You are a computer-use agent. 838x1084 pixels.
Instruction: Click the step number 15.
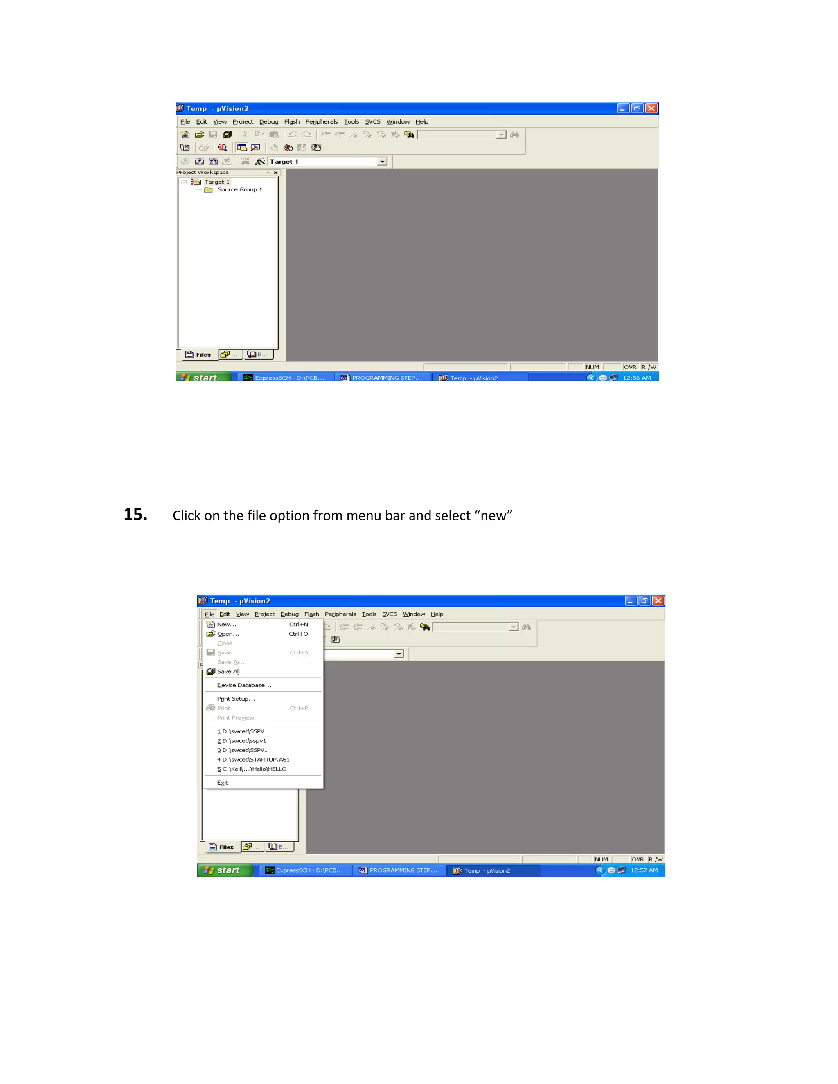click(135, 515)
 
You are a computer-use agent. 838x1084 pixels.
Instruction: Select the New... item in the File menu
click(226, 624)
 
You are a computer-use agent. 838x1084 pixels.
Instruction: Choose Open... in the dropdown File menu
click(228, 634)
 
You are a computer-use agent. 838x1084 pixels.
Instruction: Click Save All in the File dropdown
click(228, 672)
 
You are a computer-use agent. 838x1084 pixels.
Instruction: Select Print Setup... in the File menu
click(236, 699)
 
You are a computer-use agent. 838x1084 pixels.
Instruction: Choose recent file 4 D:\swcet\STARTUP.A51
click(253, 759)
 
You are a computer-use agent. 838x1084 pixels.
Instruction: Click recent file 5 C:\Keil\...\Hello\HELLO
click(252, 769)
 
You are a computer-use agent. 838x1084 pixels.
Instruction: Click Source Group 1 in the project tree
click(239, 190)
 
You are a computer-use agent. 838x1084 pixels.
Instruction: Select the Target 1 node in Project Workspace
click(217, 182)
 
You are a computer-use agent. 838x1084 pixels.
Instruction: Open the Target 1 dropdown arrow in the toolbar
click(382, 162)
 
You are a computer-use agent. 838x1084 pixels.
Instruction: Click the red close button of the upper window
click(651, 108)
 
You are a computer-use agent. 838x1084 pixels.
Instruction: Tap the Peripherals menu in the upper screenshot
click(321, 121)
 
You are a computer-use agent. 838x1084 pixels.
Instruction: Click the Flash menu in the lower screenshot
click(311, 614)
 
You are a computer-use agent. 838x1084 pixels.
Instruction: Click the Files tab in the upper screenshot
click(198, 354)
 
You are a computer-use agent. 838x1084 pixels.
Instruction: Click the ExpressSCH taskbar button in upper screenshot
click(284, 378)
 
